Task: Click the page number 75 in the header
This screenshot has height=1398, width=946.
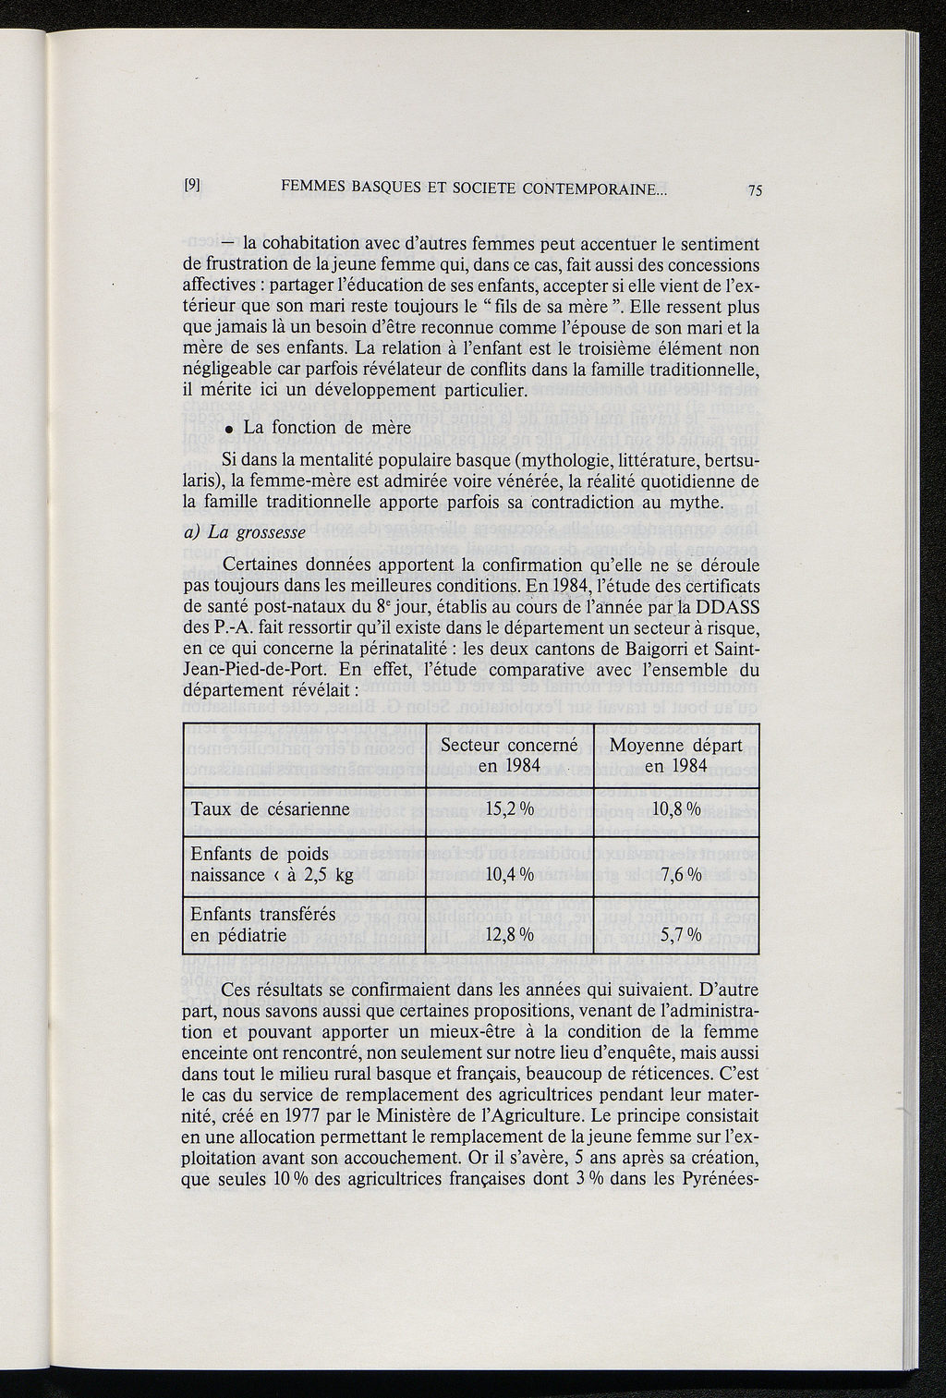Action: tap(755, 191)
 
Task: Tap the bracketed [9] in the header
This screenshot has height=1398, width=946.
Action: tap(193, 184)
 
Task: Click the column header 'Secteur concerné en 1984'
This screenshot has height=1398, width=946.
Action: tap(509, 755)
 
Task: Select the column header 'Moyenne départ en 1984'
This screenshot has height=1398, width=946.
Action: tap(676, 755)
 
